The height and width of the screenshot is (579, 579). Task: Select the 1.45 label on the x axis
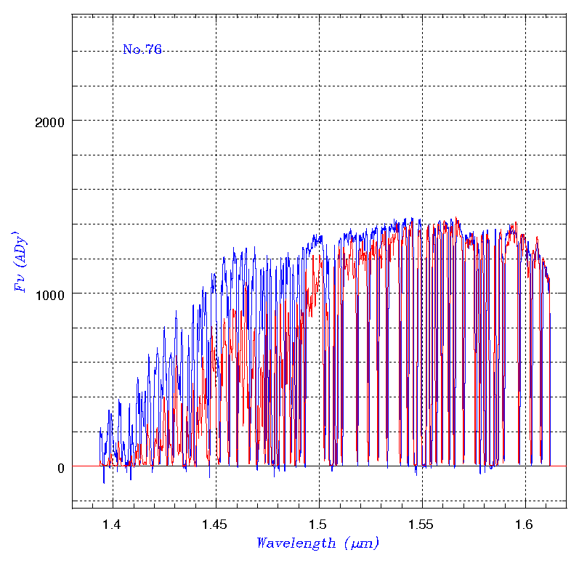point(216,524)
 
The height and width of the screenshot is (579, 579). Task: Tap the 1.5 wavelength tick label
point(319,524)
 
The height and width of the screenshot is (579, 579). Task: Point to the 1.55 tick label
point(422,524)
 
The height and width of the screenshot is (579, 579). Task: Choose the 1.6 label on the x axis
point(525,524)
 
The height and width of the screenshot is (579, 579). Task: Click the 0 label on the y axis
point(60,467)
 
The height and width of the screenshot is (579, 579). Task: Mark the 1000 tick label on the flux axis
point(50,294)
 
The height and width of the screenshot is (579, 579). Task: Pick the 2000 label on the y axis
point(50,121)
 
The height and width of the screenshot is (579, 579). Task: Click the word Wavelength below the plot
point(296,543)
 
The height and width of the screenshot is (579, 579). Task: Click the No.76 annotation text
point(142,49)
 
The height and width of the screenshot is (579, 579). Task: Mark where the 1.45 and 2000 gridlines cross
point(216,121)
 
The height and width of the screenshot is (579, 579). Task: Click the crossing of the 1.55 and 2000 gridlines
point(422,121)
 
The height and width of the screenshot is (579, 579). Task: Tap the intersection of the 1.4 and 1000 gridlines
point(113,293)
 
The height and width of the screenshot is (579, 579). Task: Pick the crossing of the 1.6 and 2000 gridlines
point(525,121)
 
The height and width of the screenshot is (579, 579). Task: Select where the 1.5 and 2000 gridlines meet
point(319,121)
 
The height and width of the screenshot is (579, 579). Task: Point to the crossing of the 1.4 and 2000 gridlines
point(113,121)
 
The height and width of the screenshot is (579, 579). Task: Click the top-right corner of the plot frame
point(567,14)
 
